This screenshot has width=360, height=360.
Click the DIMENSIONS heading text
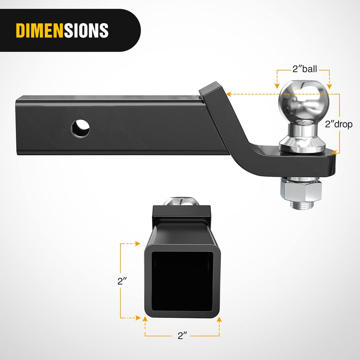pyautogui.click(x=62, y=31)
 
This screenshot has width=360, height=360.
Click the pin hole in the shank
pyautogui.click(x=81, y=129)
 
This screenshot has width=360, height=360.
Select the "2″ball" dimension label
pyautogui.click(x=305, y=69)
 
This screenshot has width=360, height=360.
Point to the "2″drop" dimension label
pyautogui.click(x=339, y=124)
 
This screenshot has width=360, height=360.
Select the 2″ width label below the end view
pyautogui.click(x=182, y=336)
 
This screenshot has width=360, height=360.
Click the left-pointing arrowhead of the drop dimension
pyautogui.click(x=228, y=94)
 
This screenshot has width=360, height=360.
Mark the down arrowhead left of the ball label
pyautogui.click(x=277, y=86)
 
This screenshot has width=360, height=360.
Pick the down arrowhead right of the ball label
pyautogui.click(x=329, y=86)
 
